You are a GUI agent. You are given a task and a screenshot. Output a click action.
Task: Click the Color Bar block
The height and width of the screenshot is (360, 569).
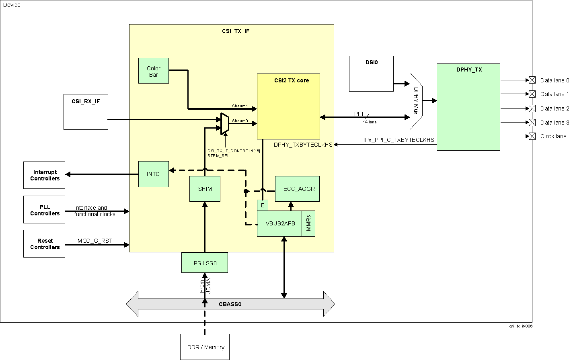tap(153, 71)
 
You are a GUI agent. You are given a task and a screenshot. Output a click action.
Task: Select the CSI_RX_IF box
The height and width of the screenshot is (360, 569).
tap(86, 112)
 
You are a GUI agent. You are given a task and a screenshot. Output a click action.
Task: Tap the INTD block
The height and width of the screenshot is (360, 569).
tap(153, 174)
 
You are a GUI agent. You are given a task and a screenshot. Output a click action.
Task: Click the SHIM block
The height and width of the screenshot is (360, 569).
tap(205, 189)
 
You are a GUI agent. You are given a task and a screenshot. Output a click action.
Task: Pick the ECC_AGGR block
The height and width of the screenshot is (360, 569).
tap(297, 189)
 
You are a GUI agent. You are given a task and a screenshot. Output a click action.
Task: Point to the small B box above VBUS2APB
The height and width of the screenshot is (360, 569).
tap(263, 205)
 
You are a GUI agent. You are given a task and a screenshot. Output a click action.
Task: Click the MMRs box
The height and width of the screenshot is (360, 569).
tap(308, 223)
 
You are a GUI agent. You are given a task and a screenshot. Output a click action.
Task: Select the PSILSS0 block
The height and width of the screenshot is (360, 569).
tap(205, 263)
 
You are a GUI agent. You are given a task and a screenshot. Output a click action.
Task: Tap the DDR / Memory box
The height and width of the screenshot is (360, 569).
tap(205, 347)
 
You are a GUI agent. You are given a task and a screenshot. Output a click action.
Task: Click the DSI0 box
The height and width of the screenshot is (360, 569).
tap(371, 74)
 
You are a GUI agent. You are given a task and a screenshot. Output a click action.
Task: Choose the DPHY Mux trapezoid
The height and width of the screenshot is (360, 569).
tap(416, 101)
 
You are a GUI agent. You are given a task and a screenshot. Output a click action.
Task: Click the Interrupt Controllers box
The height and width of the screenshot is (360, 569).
tap(44, 175)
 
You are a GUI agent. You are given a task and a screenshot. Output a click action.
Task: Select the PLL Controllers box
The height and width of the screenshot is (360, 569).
tap(44, 210)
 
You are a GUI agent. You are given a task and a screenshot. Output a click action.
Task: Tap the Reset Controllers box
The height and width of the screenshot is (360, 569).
tap(44, 243)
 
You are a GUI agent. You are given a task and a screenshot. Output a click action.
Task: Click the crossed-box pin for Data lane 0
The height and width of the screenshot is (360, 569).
tap(532, 80)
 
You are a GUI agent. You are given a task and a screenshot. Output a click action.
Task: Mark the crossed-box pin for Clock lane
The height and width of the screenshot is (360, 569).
tap(532, 136)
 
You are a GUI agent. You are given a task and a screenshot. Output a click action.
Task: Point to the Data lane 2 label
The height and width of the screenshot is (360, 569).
tap(555, 108)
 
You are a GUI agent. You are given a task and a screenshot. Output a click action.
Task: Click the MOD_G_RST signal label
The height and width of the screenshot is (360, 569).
tap(95, 241)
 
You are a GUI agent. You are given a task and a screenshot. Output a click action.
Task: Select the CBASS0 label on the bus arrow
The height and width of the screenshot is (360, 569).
tap(230, 304)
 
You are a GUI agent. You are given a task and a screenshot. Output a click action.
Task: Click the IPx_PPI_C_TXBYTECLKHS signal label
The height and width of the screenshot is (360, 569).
tap(399, 140)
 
